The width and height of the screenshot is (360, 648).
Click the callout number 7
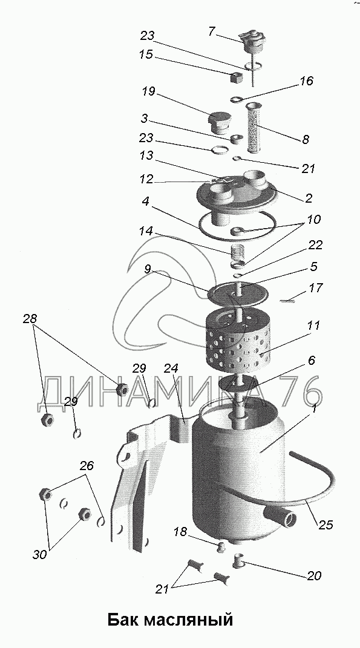212,31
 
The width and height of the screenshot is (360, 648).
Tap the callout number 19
148,91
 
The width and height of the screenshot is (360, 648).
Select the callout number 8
305,139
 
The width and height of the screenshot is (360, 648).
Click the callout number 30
40,555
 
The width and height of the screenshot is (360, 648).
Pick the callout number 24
171,368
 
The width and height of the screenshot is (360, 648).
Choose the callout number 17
315,287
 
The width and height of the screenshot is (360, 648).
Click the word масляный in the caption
191,620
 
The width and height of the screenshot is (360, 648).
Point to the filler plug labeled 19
218,122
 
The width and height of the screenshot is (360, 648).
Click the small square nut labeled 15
237,77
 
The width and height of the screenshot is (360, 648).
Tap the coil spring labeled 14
237,251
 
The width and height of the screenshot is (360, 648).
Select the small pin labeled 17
286,301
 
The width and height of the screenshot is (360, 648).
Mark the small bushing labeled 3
237,139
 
